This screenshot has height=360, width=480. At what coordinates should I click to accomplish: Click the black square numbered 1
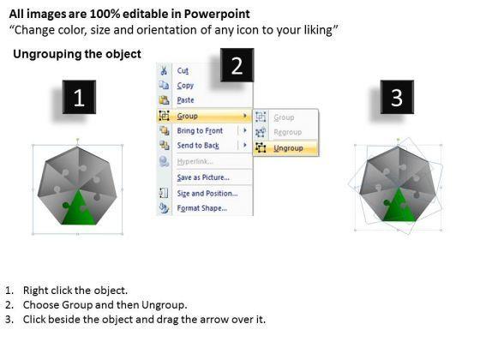click(x=79, y=97)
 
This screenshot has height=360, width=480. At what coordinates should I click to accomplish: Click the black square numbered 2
click(x=237, y=65)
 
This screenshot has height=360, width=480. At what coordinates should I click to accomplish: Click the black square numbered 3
click(x=397, y=97)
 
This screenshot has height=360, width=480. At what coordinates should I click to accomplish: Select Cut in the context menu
click(x=183, y=70)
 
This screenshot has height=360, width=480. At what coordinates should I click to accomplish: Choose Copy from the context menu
click(x=185, y=86)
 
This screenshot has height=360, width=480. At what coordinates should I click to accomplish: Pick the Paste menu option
click(x=185, y=100)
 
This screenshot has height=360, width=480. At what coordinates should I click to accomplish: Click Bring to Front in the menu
click(x=200, y=130)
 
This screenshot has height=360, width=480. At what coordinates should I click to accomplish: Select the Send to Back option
click(x=198, y=146)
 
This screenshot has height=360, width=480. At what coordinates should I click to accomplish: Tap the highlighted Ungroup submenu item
click(x=288, y=148)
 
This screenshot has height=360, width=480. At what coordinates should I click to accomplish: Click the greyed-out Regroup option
click(x=287, y=132)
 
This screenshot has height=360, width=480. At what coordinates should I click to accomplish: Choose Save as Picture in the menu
click(x=203, y=177)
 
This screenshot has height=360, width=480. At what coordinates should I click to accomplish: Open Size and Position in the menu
click(x=207, y=194)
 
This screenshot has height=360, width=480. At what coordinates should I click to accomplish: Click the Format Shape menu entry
click(x=201, y=208)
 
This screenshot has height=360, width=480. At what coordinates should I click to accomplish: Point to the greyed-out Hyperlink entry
click(x=195, y=161)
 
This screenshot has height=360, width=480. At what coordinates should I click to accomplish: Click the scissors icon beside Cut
click(x=164, y=70)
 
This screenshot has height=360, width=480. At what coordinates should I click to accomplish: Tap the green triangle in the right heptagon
click(x=399, y=207)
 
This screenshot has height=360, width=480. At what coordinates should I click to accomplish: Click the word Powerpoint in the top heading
click(x=217, y=14)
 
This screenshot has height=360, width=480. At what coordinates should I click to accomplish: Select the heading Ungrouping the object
click(x=77, y=54)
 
